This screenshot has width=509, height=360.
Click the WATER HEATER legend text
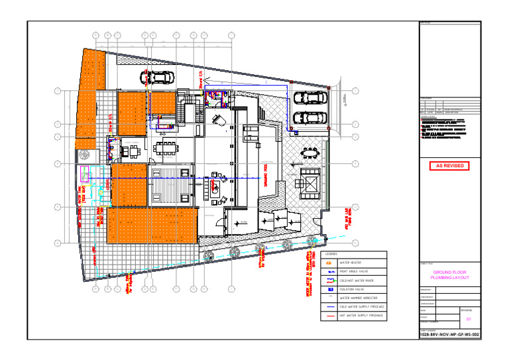(x=351, y=263)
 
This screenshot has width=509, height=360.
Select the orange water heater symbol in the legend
(x=329, y=263)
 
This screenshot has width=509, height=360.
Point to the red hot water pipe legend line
(x=329, y=316)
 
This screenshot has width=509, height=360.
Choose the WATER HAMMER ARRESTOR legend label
(x=357, y=298)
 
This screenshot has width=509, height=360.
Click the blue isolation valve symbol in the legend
(x=329, y=289)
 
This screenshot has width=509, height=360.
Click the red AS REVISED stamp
(x=450, y=166)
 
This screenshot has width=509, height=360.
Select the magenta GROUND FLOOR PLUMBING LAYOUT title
(x=450, y=275)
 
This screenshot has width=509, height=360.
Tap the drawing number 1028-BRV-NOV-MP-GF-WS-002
(x=450, y=335)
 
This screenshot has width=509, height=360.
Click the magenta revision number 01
(x=469, y=320)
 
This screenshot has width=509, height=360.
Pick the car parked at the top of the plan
(x=158, y=77)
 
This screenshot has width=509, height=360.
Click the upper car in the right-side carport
(x=310, y=97)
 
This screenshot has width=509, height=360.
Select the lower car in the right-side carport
(x=310, y=117)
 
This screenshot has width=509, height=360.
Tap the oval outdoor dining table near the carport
(x=310, y=154)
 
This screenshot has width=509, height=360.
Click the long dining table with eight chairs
(x=166, y=147)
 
